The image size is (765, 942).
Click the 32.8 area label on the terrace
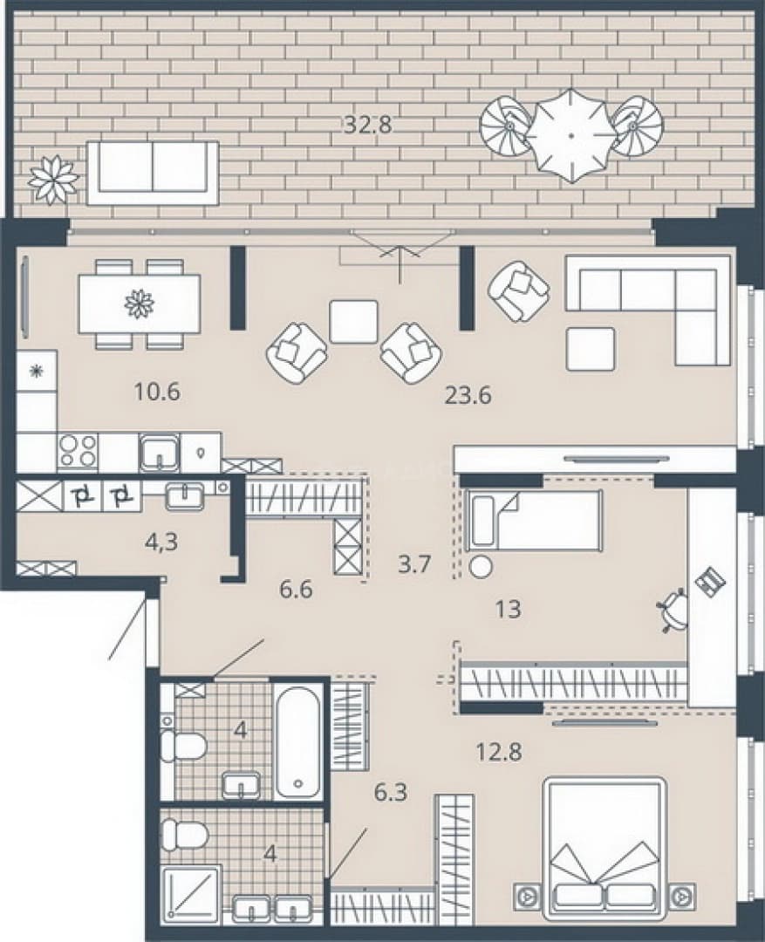[x=368, y=125]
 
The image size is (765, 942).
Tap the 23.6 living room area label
[x=468, y=395]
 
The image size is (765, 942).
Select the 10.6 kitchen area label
[x=157, y=392]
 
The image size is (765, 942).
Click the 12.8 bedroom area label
[x=498, y=751]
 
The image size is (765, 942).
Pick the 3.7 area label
[x=416, y=564]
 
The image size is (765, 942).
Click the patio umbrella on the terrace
[x=570, y=136]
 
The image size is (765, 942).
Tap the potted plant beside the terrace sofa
[x=54, y=179]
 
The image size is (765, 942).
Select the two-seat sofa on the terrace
[x=153, y=173]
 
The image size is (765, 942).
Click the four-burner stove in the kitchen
[x=79, y=451]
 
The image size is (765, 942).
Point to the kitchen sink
[x=160, y=453]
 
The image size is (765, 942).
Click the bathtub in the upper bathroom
[x=298, y=741]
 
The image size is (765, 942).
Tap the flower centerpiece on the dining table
[x=140, y=304]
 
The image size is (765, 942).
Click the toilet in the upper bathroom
[x=183, y=746]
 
